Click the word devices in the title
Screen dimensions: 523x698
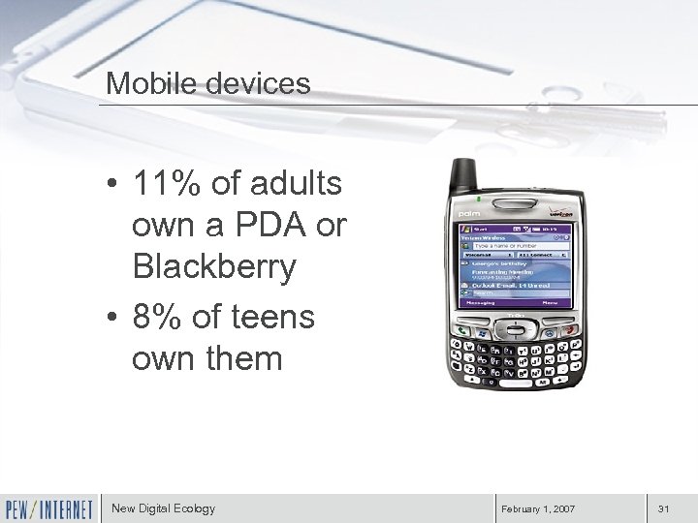[253, 83]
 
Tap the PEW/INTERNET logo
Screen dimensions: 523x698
[48, 508]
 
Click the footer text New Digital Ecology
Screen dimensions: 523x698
[163, 508]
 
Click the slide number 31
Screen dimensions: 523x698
[664, 508]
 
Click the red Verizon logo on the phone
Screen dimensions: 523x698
[564, 213]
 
